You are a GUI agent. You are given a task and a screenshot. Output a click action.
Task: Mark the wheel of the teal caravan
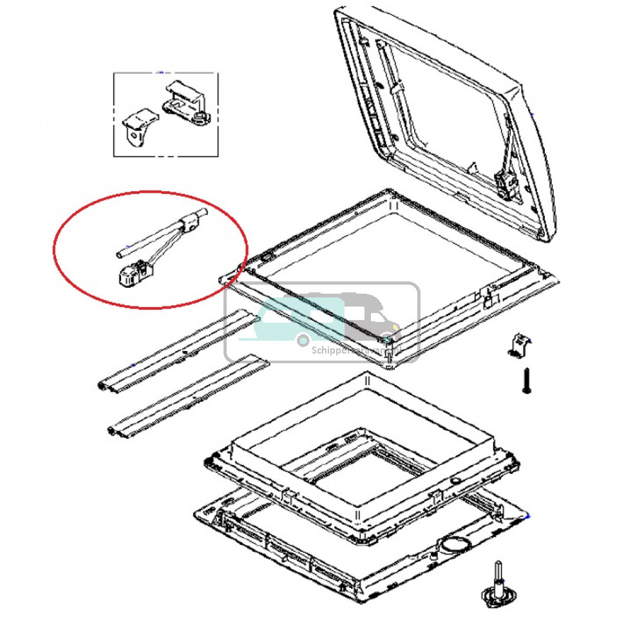coord(301,339)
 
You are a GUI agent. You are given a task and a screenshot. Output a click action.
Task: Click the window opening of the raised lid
coord(444,116)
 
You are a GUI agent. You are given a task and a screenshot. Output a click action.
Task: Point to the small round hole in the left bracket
coord(135,135)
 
